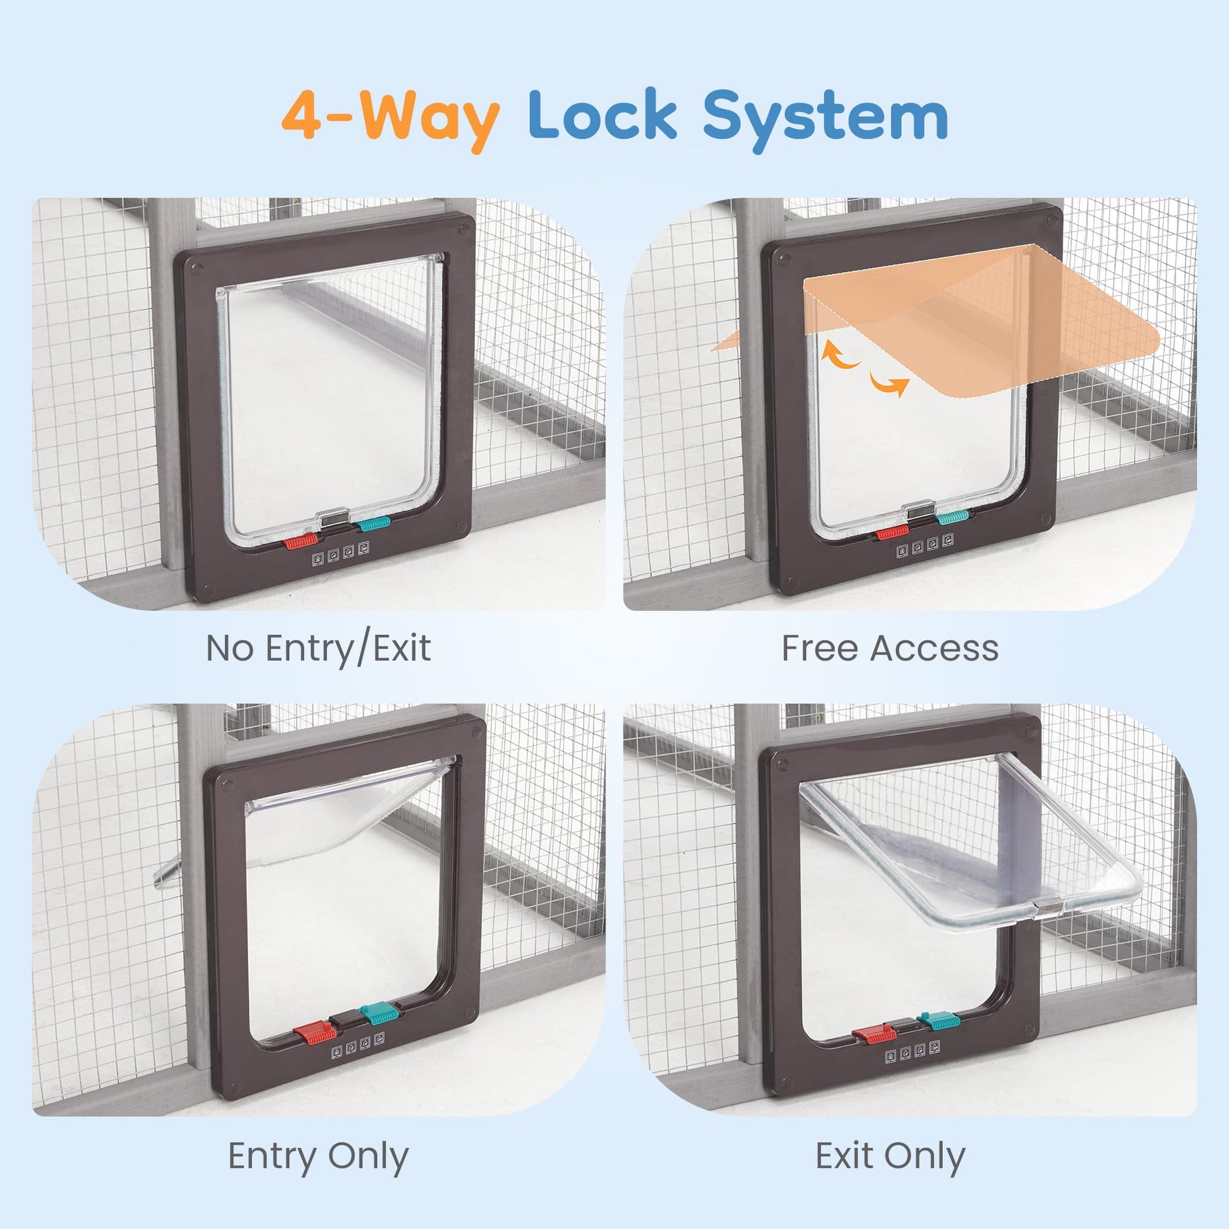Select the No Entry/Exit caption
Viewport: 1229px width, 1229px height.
pyautogui.click(x=319, y=648)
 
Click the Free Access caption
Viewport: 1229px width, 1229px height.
pyautogui.click(x=890, y=648)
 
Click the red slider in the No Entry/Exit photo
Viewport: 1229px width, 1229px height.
pyautogui.click(x=300, y=541)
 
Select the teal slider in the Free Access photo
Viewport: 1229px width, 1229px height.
pyautogui.click(x=952, y=517)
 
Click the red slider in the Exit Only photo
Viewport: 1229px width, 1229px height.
pyautogui.click(x=873, y=1036)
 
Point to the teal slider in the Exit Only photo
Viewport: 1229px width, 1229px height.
pyautogui.click(x=939, y=1021)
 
